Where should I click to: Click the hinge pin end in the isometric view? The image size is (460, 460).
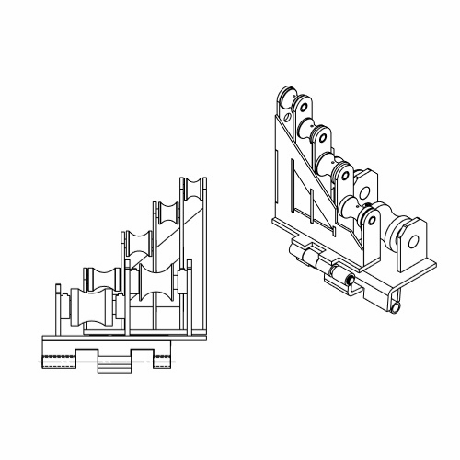[x=351, y=279]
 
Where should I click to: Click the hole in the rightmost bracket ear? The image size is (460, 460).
[x=413, y=243]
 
